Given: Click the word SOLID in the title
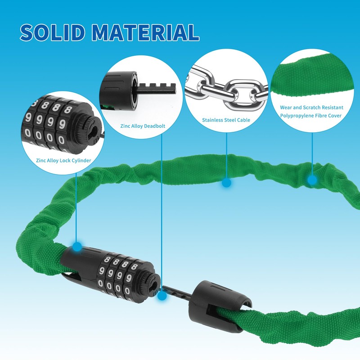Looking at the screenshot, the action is (52, 32).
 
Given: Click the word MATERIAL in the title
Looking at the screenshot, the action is (145, 32).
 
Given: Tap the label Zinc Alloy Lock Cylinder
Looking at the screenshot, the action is (63, 161).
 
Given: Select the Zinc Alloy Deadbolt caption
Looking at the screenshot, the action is (143, 126).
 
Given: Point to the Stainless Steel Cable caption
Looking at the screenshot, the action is (226, 120).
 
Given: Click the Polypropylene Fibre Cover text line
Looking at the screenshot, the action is (311, 116).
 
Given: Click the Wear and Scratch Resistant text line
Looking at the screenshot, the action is (311, 108).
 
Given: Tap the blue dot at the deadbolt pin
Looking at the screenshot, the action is (162, 296).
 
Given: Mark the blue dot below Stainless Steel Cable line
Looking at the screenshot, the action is (227, 183).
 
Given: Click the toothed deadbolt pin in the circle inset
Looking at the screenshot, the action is (156, 88).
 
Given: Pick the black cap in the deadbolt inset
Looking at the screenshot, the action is (119, 91).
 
